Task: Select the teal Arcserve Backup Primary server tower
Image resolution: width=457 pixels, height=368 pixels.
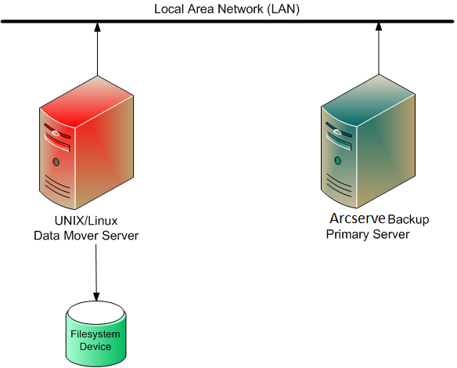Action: point(368,145)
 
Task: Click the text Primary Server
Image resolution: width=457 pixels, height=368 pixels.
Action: point(368,235)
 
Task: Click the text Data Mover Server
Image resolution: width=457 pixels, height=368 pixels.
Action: point(85,236)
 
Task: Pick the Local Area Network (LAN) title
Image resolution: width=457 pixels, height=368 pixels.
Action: point(227,9)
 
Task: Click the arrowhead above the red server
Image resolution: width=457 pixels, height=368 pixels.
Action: point(96,28)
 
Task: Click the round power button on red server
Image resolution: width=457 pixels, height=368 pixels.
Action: point(56,162)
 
